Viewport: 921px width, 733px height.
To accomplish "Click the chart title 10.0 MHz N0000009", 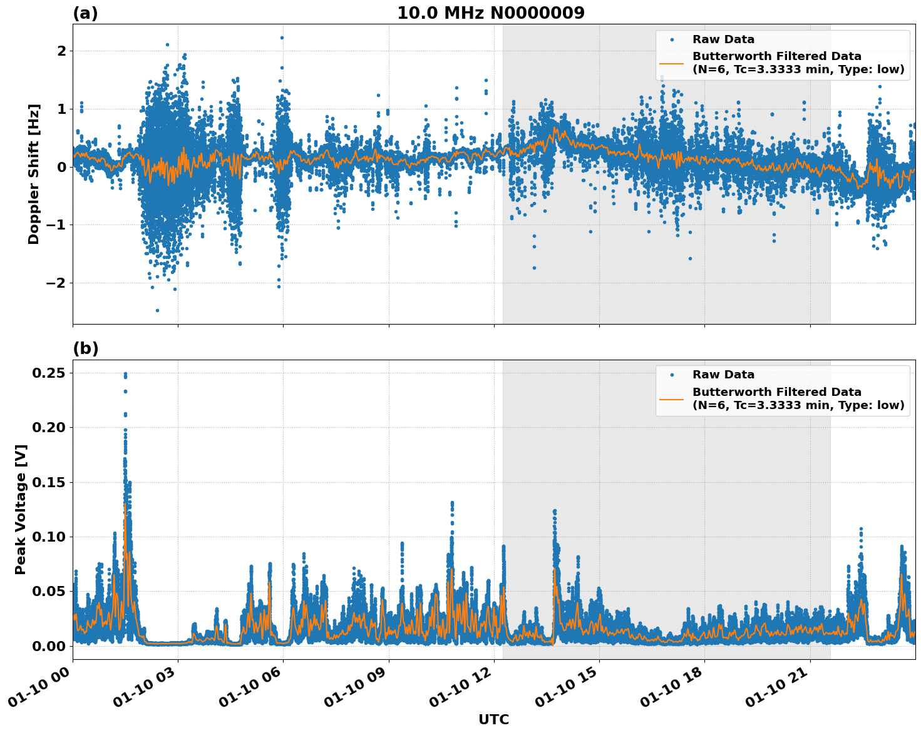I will pos(490,13).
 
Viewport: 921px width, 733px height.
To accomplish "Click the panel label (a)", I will pos(85,13).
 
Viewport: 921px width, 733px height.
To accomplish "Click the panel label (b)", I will pos(85,348).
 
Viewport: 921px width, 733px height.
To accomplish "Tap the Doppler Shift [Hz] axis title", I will pos(34,174).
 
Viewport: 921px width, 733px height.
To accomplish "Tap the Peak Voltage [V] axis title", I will pos(21,509).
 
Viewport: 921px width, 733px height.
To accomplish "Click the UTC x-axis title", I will pos(493,719).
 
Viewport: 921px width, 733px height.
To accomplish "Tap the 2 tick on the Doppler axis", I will pos(61,51).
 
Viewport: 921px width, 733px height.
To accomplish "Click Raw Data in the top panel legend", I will pos(723,39).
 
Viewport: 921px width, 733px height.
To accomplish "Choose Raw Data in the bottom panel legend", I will pos(723,375).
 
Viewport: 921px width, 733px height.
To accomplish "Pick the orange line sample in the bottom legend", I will pos(672,398).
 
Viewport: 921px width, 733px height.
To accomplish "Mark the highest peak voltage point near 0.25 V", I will pos(125,374).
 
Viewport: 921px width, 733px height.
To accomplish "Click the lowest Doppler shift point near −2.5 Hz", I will pos(157,310).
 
